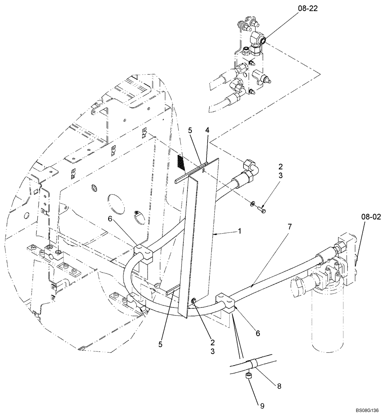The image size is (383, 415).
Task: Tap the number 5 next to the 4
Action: (x=190, y=130)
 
